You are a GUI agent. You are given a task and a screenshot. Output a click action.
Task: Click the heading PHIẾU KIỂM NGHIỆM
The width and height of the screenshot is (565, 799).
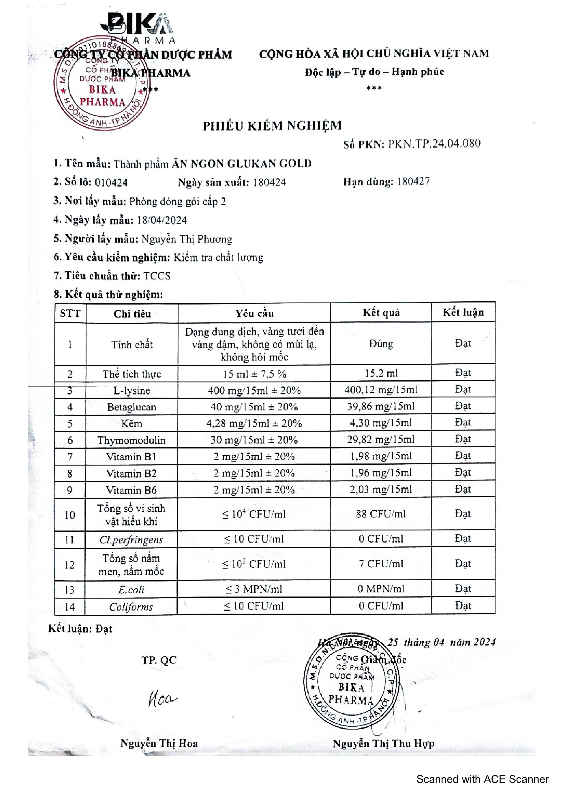[272, 126]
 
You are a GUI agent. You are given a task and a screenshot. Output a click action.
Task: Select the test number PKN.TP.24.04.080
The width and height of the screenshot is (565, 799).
[434, 144]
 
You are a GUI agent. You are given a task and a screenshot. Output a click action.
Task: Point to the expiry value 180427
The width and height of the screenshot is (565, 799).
[413, 181]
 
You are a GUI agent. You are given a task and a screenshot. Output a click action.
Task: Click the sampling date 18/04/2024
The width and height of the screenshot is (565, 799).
[162, 220]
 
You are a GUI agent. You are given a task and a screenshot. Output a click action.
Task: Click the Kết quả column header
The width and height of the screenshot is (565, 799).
[381, 312]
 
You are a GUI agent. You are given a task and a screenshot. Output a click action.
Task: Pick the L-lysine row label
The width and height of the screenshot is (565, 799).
[132, 390]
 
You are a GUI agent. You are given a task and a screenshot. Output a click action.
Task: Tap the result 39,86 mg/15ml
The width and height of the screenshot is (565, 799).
[381, 407]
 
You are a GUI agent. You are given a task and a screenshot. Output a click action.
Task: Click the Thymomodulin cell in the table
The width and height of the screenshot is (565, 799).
[131, 440]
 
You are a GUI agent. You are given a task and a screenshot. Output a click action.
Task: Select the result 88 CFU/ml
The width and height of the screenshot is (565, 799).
[381, 514]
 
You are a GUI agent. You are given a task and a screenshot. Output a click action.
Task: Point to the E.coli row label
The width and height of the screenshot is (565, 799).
[131, 589]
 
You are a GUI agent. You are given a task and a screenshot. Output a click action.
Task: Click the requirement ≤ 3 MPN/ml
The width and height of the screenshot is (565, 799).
[254, 589]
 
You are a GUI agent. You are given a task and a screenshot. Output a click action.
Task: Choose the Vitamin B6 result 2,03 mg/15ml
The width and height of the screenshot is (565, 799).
[381, 490]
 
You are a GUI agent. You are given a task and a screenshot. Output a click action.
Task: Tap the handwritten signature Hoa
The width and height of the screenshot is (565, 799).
[162, 698]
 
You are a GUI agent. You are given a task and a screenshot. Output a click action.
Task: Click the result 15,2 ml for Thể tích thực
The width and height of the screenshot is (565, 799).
[381, 373]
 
